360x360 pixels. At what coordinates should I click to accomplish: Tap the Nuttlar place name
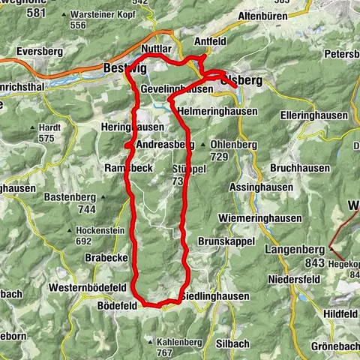click(156, 49)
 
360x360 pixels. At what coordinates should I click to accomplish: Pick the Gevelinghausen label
click(173, 88)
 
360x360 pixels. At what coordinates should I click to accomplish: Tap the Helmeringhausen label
click(217, 111)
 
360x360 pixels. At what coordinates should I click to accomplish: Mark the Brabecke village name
click(105, 257)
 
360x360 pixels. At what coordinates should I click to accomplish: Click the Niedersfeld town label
click(298, 282)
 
